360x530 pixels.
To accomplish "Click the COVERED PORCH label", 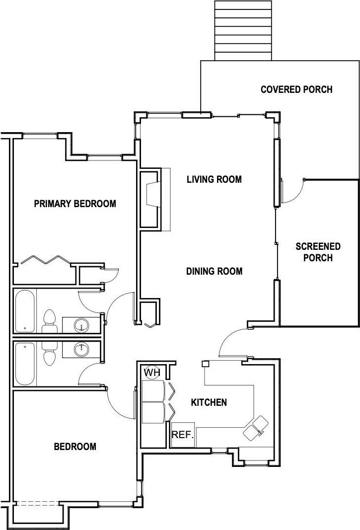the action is tap(296, 89).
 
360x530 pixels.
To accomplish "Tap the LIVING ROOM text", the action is tap(215, 179).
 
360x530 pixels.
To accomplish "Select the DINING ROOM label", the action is tap(215, 271).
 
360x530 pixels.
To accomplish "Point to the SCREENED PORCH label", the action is tap(318, 252).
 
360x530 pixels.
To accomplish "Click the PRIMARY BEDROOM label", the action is tap(75, 204).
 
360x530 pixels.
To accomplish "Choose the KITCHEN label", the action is tap(209, 402).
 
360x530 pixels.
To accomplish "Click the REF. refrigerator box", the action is tap(183, 434).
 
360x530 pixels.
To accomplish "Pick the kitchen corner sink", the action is tap(256, 428).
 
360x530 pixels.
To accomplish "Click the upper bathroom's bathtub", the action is tap(25, 310).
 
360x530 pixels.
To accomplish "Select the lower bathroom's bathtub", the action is tap(25, 364).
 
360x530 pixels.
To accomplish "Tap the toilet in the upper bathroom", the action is tap(50, 321).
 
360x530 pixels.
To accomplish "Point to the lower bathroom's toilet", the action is tap(50, 354).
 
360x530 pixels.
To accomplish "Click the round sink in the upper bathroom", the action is tap(81, 325).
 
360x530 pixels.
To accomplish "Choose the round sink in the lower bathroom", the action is tap(81, 350).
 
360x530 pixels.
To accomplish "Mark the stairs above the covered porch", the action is tap(243, 30).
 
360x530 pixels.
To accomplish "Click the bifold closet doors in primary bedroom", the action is tap(46, 260).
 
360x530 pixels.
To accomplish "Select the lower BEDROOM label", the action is tap(75, 447).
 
